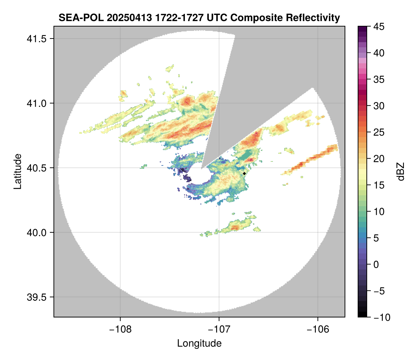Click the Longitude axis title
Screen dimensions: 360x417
199,343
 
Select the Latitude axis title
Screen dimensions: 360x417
17,171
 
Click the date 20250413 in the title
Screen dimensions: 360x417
118,18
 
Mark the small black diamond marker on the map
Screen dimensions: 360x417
245,173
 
